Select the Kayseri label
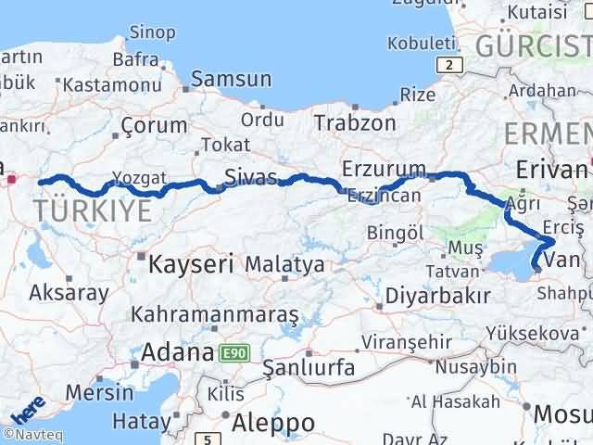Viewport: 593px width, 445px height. tap(191, 264)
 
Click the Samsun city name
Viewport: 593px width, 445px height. tap(232, 80)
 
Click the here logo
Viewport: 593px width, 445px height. tap(28, 410)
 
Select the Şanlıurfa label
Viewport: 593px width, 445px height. tap(309, 368)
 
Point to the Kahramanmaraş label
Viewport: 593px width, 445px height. tap(215, 315)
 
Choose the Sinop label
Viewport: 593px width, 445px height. tap(152, 33)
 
